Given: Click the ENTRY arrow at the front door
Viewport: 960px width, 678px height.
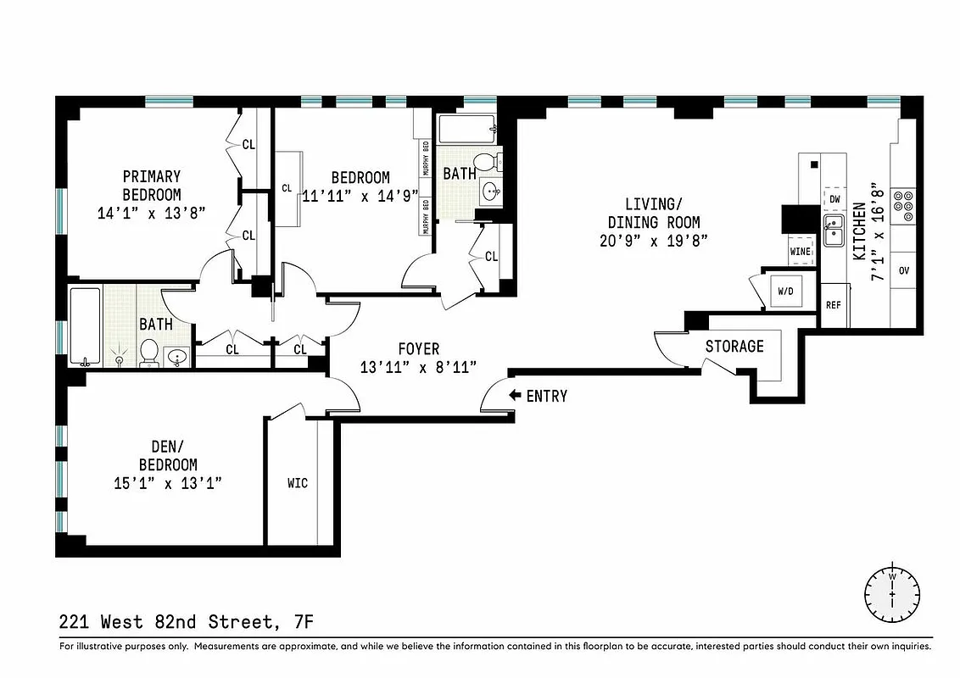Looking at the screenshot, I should tap(515, 396).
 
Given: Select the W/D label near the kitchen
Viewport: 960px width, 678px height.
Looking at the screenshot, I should tap(785, 292).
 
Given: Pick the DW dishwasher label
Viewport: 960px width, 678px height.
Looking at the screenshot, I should tap(834, 199).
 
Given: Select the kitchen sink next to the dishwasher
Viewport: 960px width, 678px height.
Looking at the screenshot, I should tap(833, 230).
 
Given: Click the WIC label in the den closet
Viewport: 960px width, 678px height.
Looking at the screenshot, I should tap(297, 483).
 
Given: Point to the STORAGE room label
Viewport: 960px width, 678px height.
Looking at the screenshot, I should tap(734, 346).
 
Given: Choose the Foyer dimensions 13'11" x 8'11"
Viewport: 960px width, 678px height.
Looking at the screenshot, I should tap(419, 367).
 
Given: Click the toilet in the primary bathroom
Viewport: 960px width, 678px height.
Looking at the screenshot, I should tap(149, 353).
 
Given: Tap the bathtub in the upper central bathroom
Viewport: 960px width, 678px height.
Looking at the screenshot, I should tap(466, 131).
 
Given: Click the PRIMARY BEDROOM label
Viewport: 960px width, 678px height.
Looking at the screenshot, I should tap(152, 186).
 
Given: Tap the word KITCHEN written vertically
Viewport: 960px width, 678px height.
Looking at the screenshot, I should tap(859, 231).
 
